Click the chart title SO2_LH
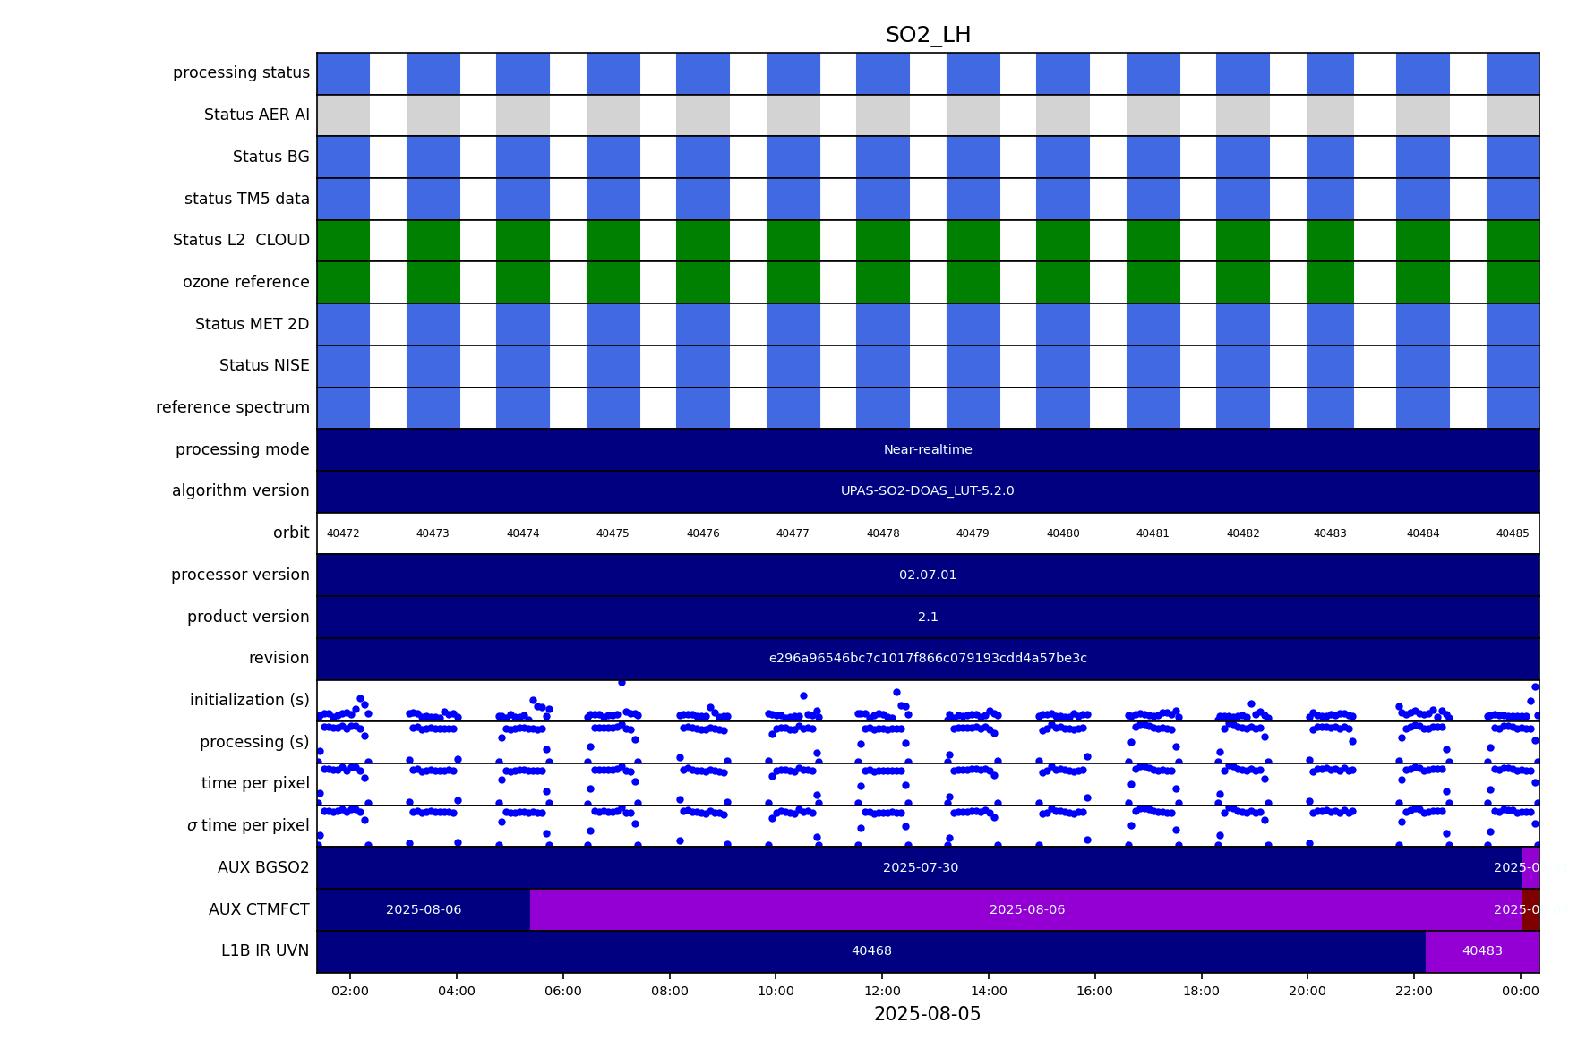pyautogui.click(x=928, y=36)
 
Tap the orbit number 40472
pyautogui.click(x=343, y=533)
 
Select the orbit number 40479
pyautogui.click(x=973, y=533)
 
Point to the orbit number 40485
pyautogui.click(x=1513, y=533)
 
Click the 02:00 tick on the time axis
pyautogui.click(x=350, y=991)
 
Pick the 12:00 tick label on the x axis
pyautogui.click(x=882, y=991)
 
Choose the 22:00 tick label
pyautogui.click(x=1414, y=991)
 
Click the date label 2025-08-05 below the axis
pyautogui.click(x=928, y=1014)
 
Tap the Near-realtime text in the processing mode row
pyautogui.click(x=928, y=449)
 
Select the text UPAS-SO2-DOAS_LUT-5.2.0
pyautogui.click(x=928, y=491)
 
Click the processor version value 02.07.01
pyautogui.click(x=928, y=575)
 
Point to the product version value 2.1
pyautogui.click(x=928, y=617)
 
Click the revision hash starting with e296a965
pyautogui.click(x=928, y=659)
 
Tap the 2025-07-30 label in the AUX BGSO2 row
pyautogui.click(x=921, y=867)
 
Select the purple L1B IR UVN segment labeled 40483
pyautogui.click(x=1482, y=951)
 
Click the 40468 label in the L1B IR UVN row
pyautogui.click(x=871, y=951)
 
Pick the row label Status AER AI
pyautogui.click(x=256, y=115)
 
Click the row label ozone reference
pyautogui.click(x=245, y=282)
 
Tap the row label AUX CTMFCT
pyautogui.click(x=259, y=909)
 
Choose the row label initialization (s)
pyautogui.click(x=249, y=700)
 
